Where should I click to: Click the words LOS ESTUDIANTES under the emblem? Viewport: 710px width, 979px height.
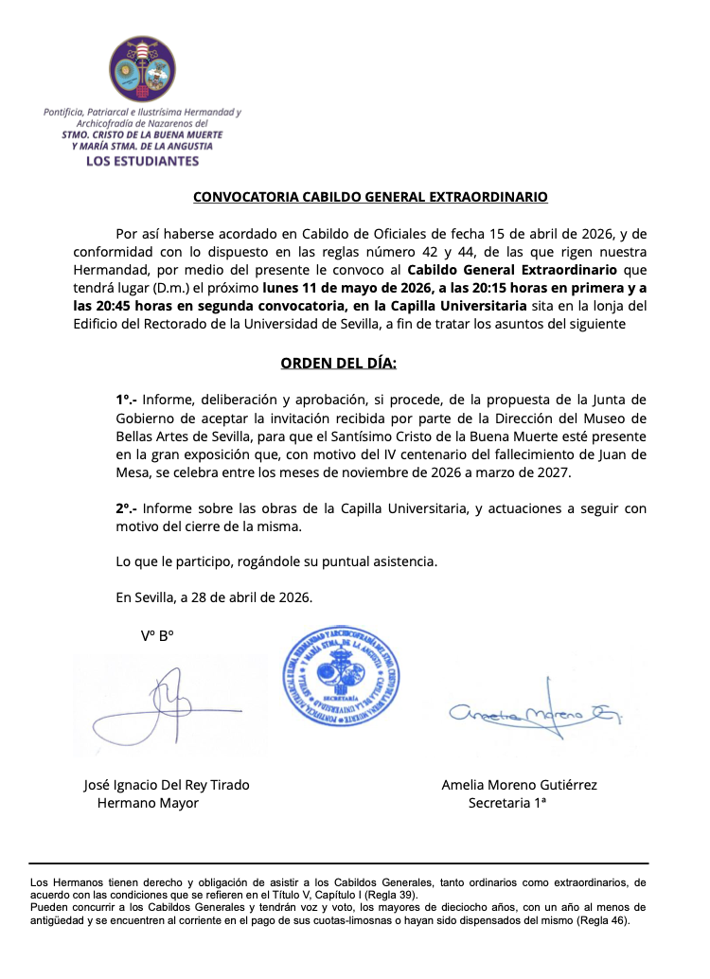pos(143,161)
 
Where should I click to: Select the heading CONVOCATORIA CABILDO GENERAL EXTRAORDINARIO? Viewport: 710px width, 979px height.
pos(370,198)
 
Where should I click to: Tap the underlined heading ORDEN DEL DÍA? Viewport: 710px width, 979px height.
pos(339,363)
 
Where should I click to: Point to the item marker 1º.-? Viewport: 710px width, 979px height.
pos(126,400)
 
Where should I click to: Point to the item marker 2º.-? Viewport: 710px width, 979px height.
pos(126,508)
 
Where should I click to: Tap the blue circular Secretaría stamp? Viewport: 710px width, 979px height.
pos(342,677)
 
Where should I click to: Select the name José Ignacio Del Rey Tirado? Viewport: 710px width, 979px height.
pos(168,785)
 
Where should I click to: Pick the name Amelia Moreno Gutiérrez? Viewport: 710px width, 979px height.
pos(519,785)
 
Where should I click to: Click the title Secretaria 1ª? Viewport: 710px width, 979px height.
pos(508,803)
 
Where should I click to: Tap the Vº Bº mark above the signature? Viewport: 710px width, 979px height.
pos(157,636)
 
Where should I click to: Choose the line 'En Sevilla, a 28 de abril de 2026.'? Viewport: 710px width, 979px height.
pos(214,597)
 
